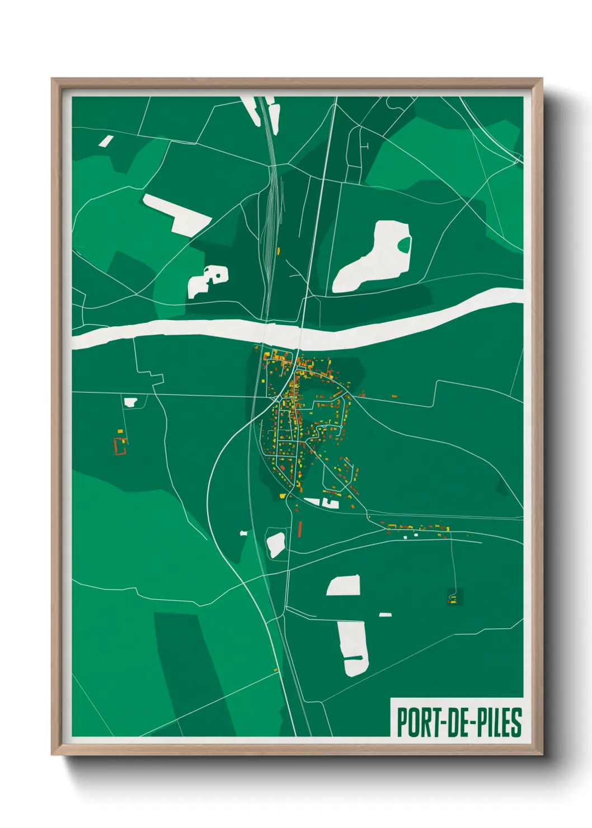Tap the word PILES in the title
coord(498,722)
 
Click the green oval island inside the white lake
coord(404,244)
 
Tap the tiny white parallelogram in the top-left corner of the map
coord(106,141)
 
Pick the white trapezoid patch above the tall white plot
coord(344,586)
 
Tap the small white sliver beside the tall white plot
coord(385,615)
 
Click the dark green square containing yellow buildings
coord(454,598)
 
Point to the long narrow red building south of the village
coord(300,529)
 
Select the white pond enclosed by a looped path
coord(276,544)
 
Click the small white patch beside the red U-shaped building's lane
coord(130,402)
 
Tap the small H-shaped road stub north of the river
coord(367,147)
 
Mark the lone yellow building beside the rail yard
coord(278,251)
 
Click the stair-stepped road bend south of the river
coord(150,376)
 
